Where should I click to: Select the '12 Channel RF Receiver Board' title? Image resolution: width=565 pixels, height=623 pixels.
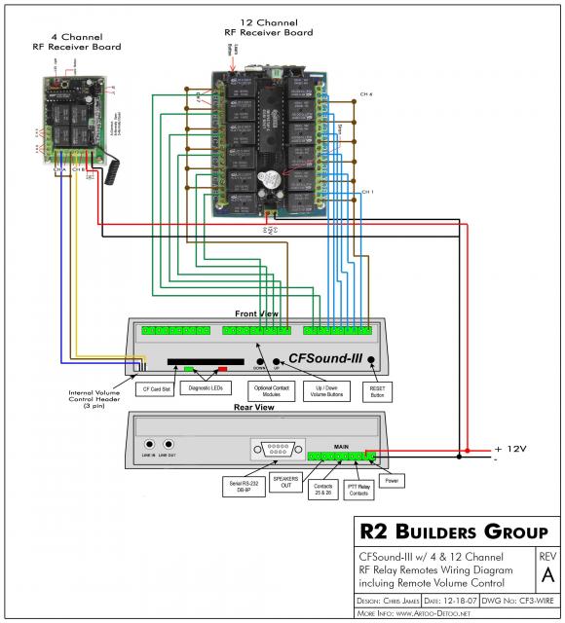(x=266, y=26)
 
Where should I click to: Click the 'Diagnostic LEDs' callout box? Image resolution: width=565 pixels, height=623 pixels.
(x=206, y=388)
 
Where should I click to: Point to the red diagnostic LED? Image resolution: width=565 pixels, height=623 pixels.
(x=222, y=369)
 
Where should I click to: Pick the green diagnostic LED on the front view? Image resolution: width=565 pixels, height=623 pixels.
(x=190, y=369)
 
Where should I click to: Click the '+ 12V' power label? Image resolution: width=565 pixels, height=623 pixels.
(x=511, y=449)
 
